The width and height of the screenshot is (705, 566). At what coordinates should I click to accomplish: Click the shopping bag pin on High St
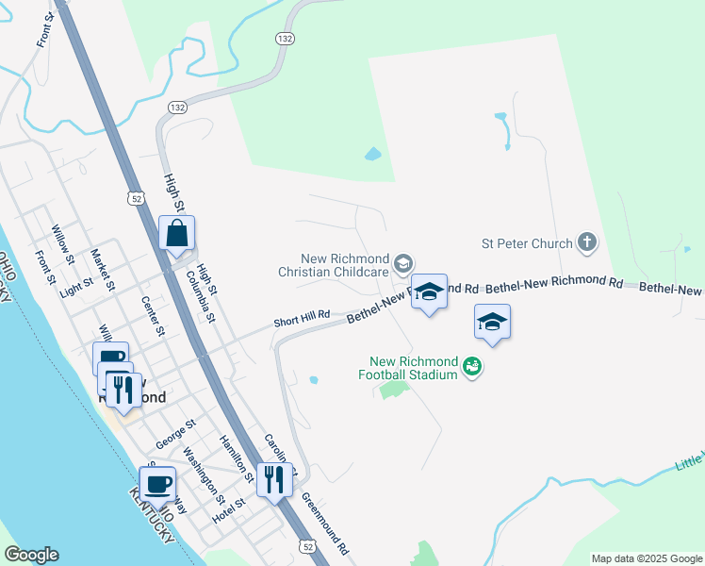click(x=177, y=233)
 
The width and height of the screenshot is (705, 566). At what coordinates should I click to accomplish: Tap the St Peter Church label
click(x=526, y=243)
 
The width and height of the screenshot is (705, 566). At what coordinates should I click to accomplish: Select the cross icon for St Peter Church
click(x=586, y=243)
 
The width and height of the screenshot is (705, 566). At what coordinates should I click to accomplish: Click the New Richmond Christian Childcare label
click(x=346, y=265)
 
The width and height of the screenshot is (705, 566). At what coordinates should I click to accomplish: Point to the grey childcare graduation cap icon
click(x=403, y=263)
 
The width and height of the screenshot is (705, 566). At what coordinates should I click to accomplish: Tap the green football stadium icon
click(x=472, y=367)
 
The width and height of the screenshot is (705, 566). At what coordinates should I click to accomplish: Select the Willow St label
click(x=63, y=243)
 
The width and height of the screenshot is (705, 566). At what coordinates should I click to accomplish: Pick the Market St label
click(x=103, y=269)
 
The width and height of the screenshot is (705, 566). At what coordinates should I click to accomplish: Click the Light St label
click(x=76, y=287)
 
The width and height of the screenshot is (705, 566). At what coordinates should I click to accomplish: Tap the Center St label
click(x=153, y=316)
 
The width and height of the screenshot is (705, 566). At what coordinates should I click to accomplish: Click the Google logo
click(x=31, y=555)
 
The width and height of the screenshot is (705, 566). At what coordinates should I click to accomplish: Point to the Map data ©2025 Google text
click(x=646, y=558)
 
